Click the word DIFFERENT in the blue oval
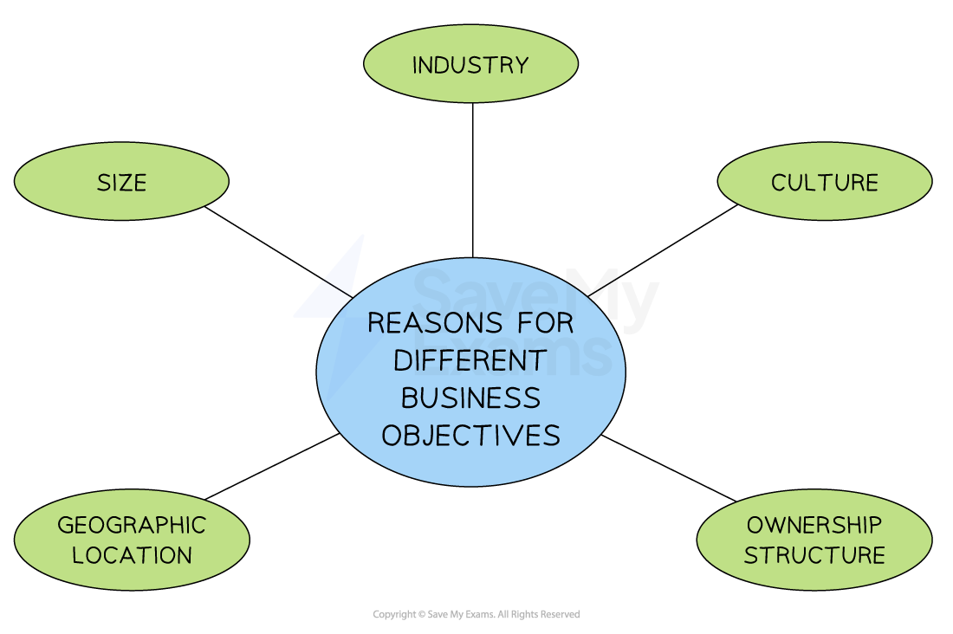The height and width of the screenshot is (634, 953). point(471,360)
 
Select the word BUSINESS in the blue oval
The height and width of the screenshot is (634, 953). point(471,398)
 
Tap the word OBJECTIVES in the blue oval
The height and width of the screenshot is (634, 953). point(471,435)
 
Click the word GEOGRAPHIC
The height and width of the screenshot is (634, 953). point(132,525)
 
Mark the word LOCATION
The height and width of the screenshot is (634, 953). point(132,555)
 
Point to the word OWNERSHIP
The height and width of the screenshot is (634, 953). point(814,525)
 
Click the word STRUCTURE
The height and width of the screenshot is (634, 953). point(814,555)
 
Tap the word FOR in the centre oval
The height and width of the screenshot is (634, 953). point(545,323)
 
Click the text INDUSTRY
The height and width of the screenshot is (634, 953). point(470,65)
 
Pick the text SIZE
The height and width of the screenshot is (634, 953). point(121,183)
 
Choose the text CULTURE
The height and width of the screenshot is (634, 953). point(825,183)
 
